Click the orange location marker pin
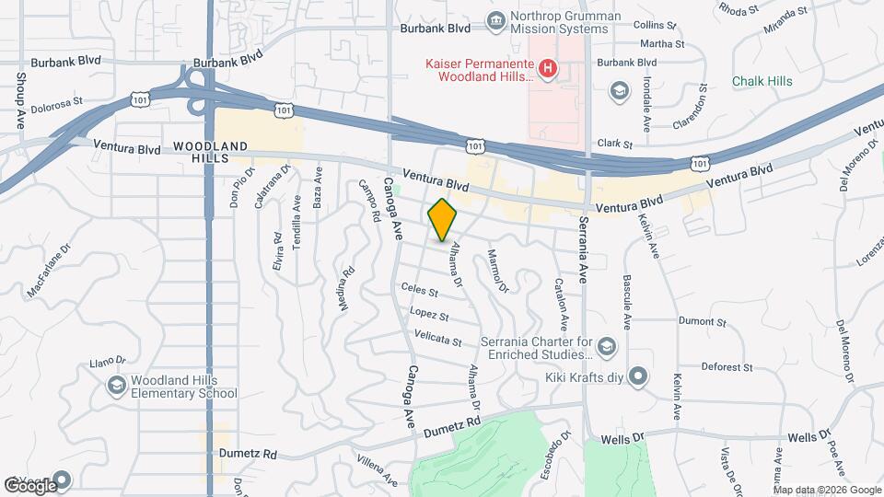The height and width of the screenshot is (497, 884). (443, 220)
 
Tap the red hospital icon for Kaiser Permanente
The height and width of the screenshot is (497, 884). (548, 67)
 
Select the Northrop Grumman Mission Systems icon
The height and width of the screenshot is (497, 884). (496, 20)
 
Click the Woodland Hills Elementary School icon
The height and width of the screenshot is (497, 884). (117, 386)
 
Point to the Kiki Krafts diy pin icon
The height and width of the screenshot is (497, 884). (641, 376)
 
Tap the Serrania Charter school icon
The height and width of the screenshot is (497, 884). (606, 346)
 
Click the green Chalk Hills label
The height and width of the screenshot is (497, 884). (762, 81)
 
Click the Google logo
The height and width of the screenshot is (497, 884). (29, 485)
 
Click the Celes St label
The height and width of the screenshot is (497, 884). (419, 291)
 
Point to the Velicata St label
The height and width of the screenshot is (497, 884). (438, 340)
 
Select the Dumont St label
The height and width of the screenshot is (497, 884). (704, 321)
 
